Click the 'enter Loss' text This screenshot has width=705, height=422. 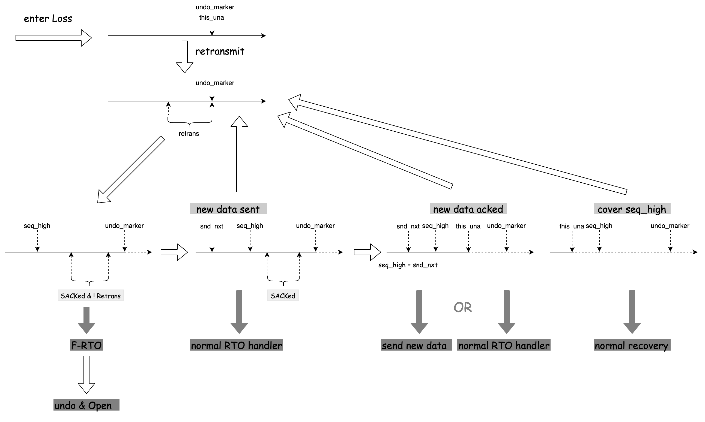click(48, 19)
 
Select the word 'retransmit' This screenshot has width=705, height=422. click(219, 52)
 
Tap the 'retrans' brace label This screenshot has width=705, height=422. click(189, 134)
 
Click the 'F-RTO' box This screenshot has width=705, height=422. click(86, 345)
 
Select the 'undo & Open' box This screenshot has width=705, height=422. click(86, 405)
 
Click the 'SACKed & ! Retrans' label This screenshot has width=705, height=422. click(91, 296)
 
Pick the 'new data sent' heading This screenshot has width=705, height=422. click(228, 209)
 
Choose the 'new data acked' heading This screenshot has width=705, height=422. click(468, 209)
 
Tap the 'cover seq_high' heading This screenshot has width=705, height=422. click(632, 209)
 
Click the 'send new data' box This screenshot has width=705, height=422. click(416, 345)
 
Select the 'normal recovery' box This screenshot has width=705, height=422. click(632, 345)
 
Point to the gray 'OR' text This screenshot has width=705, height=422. click(463, 308)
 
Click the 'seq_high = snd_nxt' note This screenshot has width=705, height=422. click(408, 265)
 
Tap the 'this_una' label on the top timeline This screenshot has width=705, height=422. click(211, 18)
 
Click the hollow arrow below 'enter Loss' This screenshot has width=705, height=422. click(53, 38)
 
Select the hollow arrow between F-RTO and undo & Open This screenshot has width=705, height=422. click(86, 375)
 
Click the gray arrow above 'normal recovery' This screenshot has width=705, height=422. click(632, 312)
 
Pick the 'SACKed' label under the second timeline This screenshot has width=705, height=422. click(283, 296)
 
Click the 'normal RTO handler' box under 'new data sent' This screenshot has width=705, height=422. click(236, 345)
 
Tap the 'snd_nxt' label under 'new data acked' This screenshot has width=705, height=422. click(408, 226)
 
